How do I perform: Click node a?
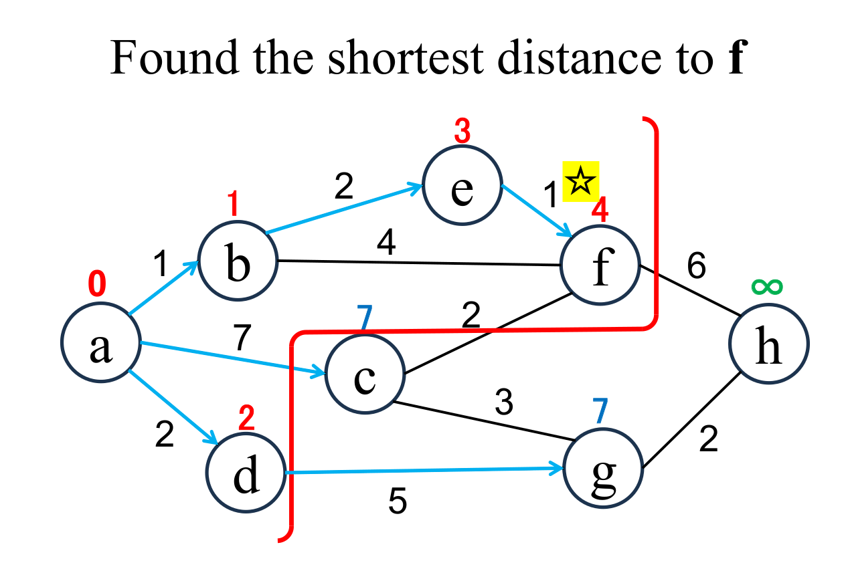(x=100, y=345)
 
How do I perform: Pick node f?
(x=600, y=265)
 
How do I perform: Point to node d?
(x=246, y=472)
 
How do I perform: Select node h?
(x=768, y=345)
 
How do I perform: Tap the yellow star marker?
(x=580, y=181)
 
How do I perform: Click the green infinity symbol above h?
(x=766, y=287)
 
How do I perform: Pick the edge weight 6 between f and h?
(x=696, y=267)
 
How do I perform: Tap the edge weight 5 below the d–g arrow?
(x=398, y=501)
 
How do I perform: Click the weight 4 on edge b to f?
(x=386, y=245)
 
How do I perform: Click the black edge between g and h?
(x=691, y=422)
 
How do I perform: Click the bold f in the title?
(x=736, y=59)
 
